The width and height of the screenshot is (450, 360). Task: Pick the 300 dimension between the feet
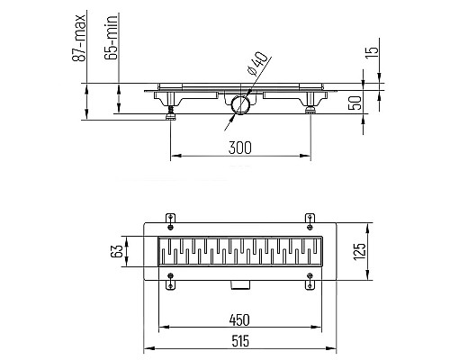(x=239, y=147)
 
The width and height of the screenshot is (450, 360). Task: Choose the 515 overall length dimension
(x=239, y=341)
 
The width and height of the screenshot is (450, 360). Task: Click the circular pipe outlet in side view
(x=238, y=106)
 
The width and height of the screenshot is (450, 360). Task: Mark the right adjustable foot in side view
(x=310, y=112)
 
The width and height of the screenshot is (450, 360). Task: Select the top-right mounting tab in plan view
(x=310, y=218)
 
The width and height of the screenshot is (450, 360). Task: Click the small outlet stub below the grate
(x=239, y=284)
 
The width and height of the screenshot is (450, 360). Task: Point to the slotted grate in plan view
(x=239, y=254)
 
